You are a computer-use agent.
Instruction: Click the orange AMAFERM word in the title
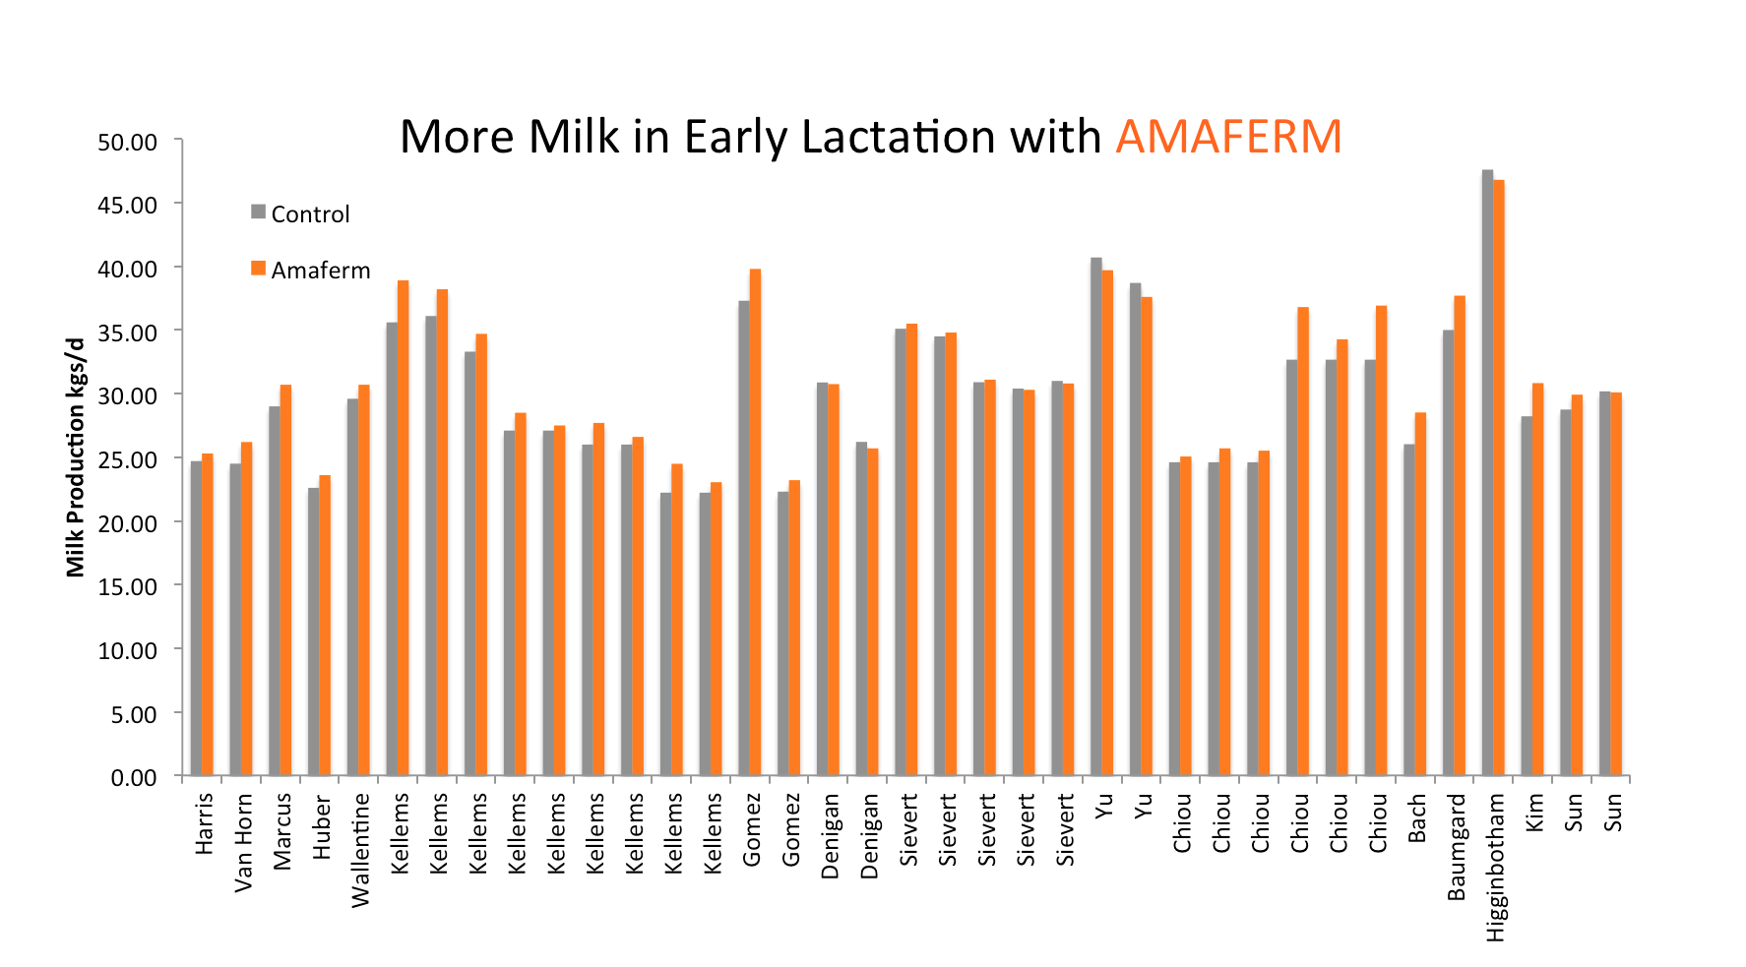1227,137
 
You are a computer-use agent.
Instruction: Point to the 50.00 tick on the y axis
128,142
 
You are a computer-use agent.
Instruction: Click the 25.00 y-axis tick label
128,459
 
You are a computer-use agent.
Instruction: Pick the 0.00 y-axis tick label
134,778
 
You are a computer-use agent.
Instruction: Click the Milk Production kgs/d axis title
76,457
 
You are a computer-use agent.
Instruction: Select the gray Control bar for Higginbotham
1487,472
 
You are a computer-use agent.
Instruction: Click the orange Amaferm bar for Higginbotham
1499,477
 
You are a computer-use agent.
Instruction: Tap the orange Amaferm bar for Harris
208,615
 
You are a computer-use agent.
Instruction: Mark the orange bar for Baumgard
1460,535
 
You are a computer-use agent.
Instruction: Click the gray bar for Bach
1409,610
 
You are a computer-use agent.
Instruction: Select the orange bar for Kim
1538,579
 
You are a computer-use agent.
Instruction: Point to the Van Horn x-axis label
243,843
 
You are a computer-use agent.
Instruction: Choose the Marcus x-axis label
282,832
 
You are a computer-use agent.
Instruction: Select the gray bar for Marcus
274,590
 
